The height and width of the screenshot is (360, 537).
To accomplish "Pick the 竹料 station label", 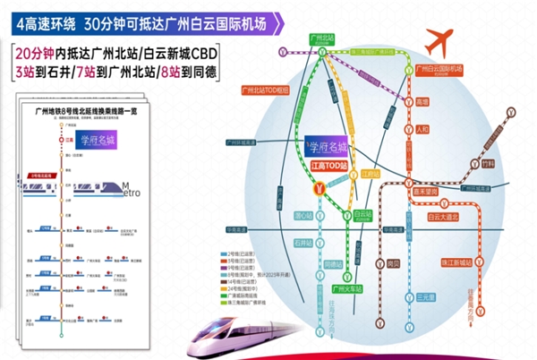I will pos(489,164).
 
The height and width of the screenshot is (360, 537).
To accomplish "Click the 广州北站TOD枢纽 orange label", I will pos(266,90).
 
